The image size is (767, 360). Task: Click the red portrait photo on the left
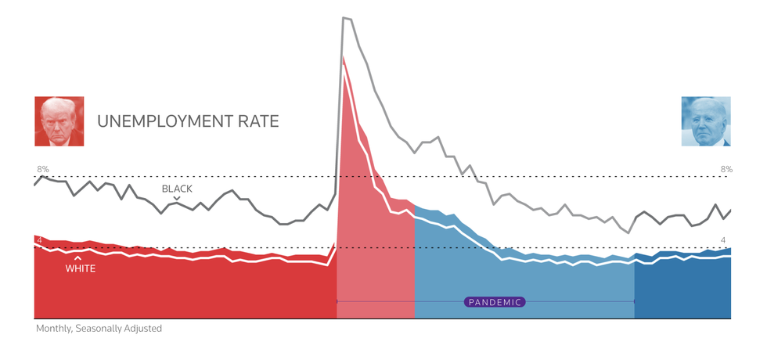click(59, 121)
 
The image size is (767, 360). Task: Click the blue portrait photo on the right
click(706, 121)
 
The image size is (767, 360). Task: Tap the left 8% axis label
click(43, 169)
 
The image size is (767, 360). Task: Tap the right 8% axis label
click(726, 169)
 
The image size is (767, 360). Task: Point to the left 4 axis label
click(39, 239)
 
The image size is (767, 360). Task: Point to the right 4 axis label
click(723, 239)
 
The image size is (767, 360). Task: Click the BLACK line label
click(177, 189)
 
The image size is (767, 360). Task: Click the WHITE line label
click(81, 268)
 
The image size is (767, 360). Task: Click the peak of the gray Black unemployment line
click(344, 17)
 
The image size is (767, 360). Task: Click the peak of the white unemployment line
click(343, 56)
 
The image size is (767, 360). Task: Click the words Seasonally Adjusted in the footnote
click(119, 329)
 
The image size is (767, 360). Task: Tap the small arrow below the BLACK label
click(177, 198)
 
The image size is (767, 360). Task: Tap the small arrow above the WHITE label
click(77, 257)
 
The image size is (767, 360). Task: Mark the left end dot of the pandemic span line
click(337, 301)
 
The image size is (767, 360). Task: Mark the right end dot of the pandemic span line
click(634, 301)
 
